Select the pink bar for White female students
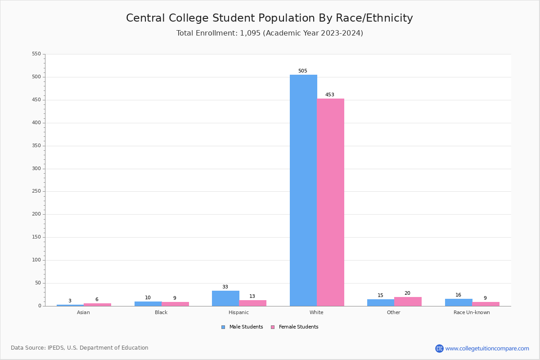coord(330,202)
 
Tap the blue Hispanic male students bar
coord(225,298)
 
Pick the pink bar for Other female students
coord(408,301)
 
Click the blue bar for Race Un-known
coord(459,302)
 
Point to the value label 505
coord(302,71)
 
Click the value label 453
coord(330,95)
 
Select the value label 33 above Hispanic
coord(225,287)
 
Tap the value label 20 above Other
coord(407,293)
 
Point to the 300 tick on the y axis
coord(36,169)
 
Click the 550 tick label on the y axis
coord(36,54)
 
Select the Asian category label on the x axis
coord(83,313)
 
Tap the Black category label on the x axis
coord(161,313)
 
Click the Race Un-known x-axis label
coord(472,313)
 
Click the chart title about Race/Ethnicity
coord(269,18)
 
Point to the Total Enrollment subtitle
coord(269,33)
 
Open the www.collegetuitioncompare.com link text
coord(487,348)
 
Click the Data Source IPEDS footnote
coord(80,348)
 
